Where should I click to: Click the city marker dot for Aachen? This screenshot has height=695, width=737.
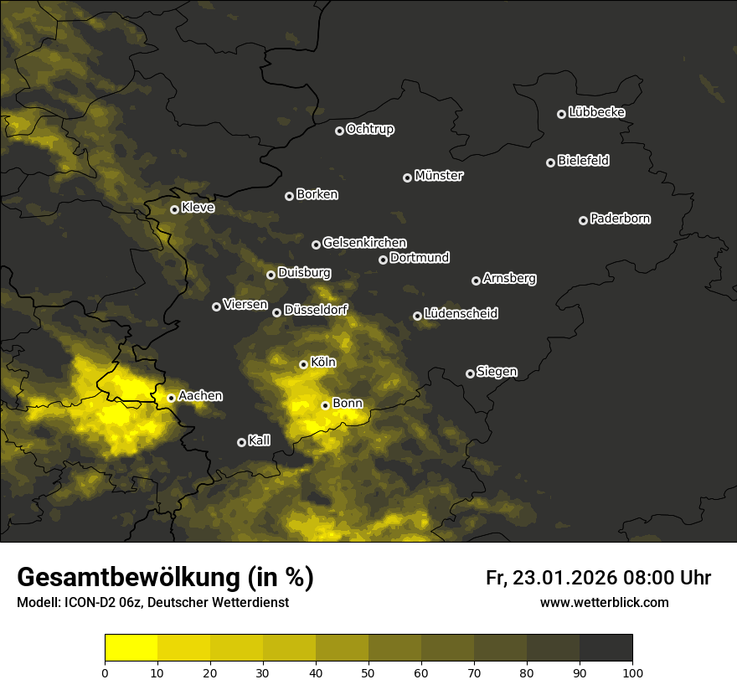[171, 398]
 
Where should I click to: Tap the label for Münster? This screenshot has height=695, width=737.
[438, 176]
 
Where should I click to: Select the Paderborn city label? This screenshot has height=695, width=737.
[620, 219]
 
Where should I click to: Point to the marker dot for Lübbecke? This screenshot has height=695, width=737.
[561, 114]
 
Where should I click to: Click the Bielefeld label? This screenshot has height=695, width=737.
[583, 161]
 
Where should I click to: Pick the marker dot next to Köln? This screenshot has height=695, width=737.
[303, 364]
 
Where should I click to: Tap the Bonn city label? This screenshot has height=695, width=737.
[348, 404]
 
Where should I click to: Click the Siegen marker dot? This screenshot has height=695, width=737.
[470, 373]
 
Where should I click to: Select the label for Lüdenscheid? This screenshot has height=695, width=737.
[461, 314]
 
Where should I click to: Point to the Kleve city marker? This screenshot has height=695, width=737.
[174, 209]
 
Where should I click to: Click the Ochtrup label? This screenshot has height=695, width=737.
[369, 129]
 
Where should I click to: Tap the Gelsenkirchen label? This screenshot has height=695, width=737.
[364, 243]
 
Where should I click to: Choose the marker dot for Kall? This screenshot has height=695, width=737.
[241, 442]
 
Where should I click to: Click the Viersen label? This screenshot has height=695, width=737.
[245, 305]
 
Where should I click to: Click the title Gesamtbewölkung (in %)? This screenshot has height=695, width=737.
[165, 578]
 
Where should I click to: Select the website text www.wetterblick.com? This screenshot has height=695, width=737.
[604, 602]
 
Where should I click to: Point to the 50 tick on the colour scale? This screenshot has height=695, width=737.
[368, 672]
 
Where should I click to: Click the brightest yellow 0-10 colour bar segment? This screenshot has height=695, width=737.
[131, 648]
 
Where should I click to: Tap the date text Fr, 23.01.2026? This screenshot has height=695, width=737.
[551, 578]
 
